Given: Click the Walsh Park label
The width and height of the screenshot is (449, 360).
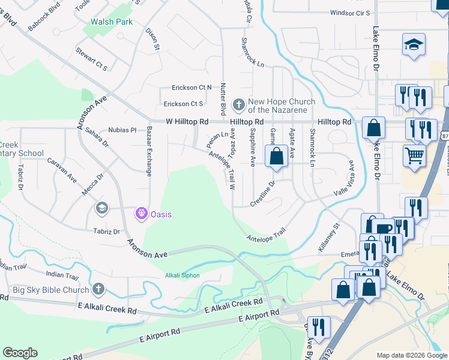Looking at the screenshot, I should (111, 22).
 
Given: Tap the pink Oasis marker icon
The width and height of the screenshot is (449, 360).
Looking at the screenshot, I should (142, 213).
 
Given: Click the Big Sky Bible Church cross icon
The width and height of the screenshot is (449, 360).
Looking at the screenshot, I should (98, 289).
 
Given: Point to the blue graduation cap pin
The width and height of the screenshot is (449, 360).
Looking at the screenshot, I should (414, 45).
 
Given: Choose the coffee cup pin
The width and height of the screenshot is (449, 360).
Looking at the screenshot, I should (384, 229).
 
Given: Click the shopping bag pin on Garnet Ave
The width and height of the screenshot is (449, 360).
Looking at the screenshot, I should (276, 157).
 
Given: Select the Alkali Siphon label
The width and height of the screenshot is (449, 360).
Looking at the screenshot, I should (182, 276).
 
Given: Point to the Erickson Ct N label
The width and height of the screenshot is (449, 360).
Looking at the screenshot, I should (192, 87).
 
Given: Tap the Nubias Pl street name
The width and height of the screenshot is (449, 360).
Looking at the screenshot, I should (122, 130).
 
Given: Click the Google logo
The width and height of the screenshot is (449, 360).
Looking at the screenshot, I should (20, 353).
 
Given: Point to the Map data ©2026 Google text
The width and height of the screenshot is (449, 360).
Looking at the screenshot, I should (411, 355).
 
